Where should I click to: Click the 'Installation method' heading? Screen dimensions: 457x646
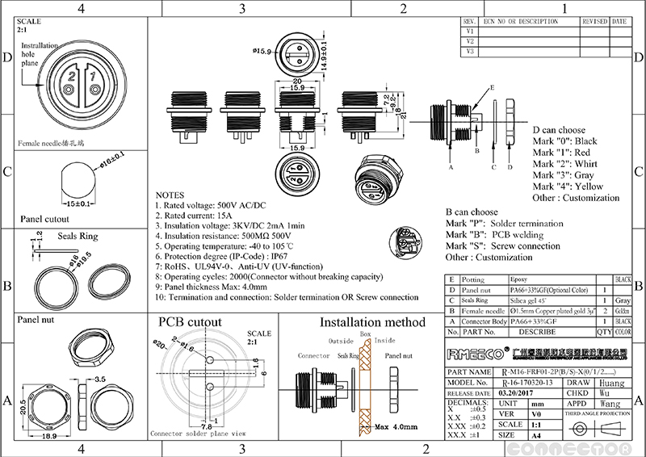click(x=372, y=322)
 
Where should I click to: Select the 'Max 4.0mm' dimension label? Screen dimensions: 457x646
click(x=393, y=426)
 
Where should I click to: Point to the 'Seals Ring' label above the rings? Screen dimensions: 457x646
click(x=78, y=237)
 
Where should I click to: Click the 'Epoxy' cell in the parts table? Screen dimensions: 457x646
click(x=520, y=278)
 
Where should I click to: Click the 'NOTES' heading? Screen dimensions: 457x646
click(x=170, y=196)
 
